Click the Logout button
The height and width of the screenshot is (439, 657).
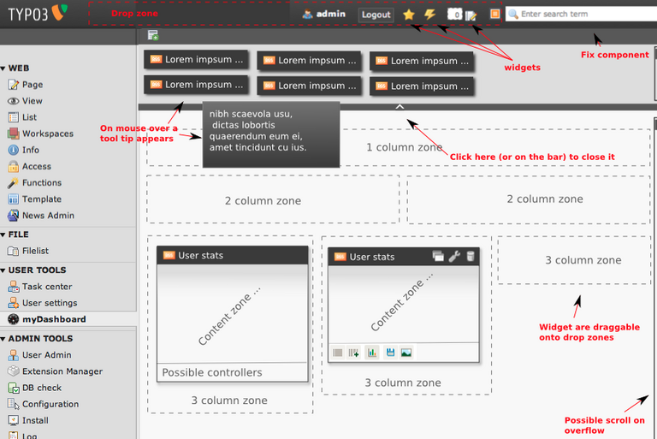coord(376,15)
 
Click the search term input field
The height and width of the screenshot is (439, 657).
coord(582,15)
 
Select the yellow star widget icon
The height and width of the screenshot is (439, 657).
coord(409,15)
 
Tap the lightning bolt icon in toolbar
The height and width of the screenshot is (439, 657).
coord(429,15)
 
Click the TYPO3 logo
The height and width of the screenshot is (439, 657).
coord(34,14)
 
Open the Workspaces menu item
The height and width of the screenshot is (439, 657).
coord(47,133)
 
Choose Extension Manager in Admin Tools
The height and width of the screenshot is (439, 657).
coord(62,371)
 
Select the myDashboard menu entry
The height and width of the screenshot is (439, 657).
coord(54,319)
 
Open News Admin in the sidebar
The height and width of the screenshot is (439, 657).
coord(48,216)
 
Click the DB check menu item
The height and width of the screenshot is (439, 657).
coord(42,388)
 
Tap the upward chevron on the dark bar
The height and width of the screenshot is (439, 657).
coord(399,106)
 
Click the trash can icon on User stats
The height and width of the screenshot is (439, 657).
coord(471,256)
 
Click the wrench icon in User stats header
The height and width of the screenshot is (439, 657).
coord(454,256)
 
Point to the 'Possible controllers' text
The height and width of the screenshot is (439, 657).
coord(212,372)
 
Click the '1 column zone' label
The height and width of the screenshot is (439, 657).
coord(404,147)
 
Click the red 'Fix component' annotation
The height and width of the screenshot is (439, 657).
coord(614,56)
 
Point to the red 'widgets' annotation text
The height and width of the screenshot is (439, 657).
coord(522,68)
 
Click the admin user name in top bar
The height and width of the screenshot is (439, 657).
coord(330,15)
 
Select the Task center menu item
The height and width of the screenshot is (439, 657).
coord(47,287)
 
